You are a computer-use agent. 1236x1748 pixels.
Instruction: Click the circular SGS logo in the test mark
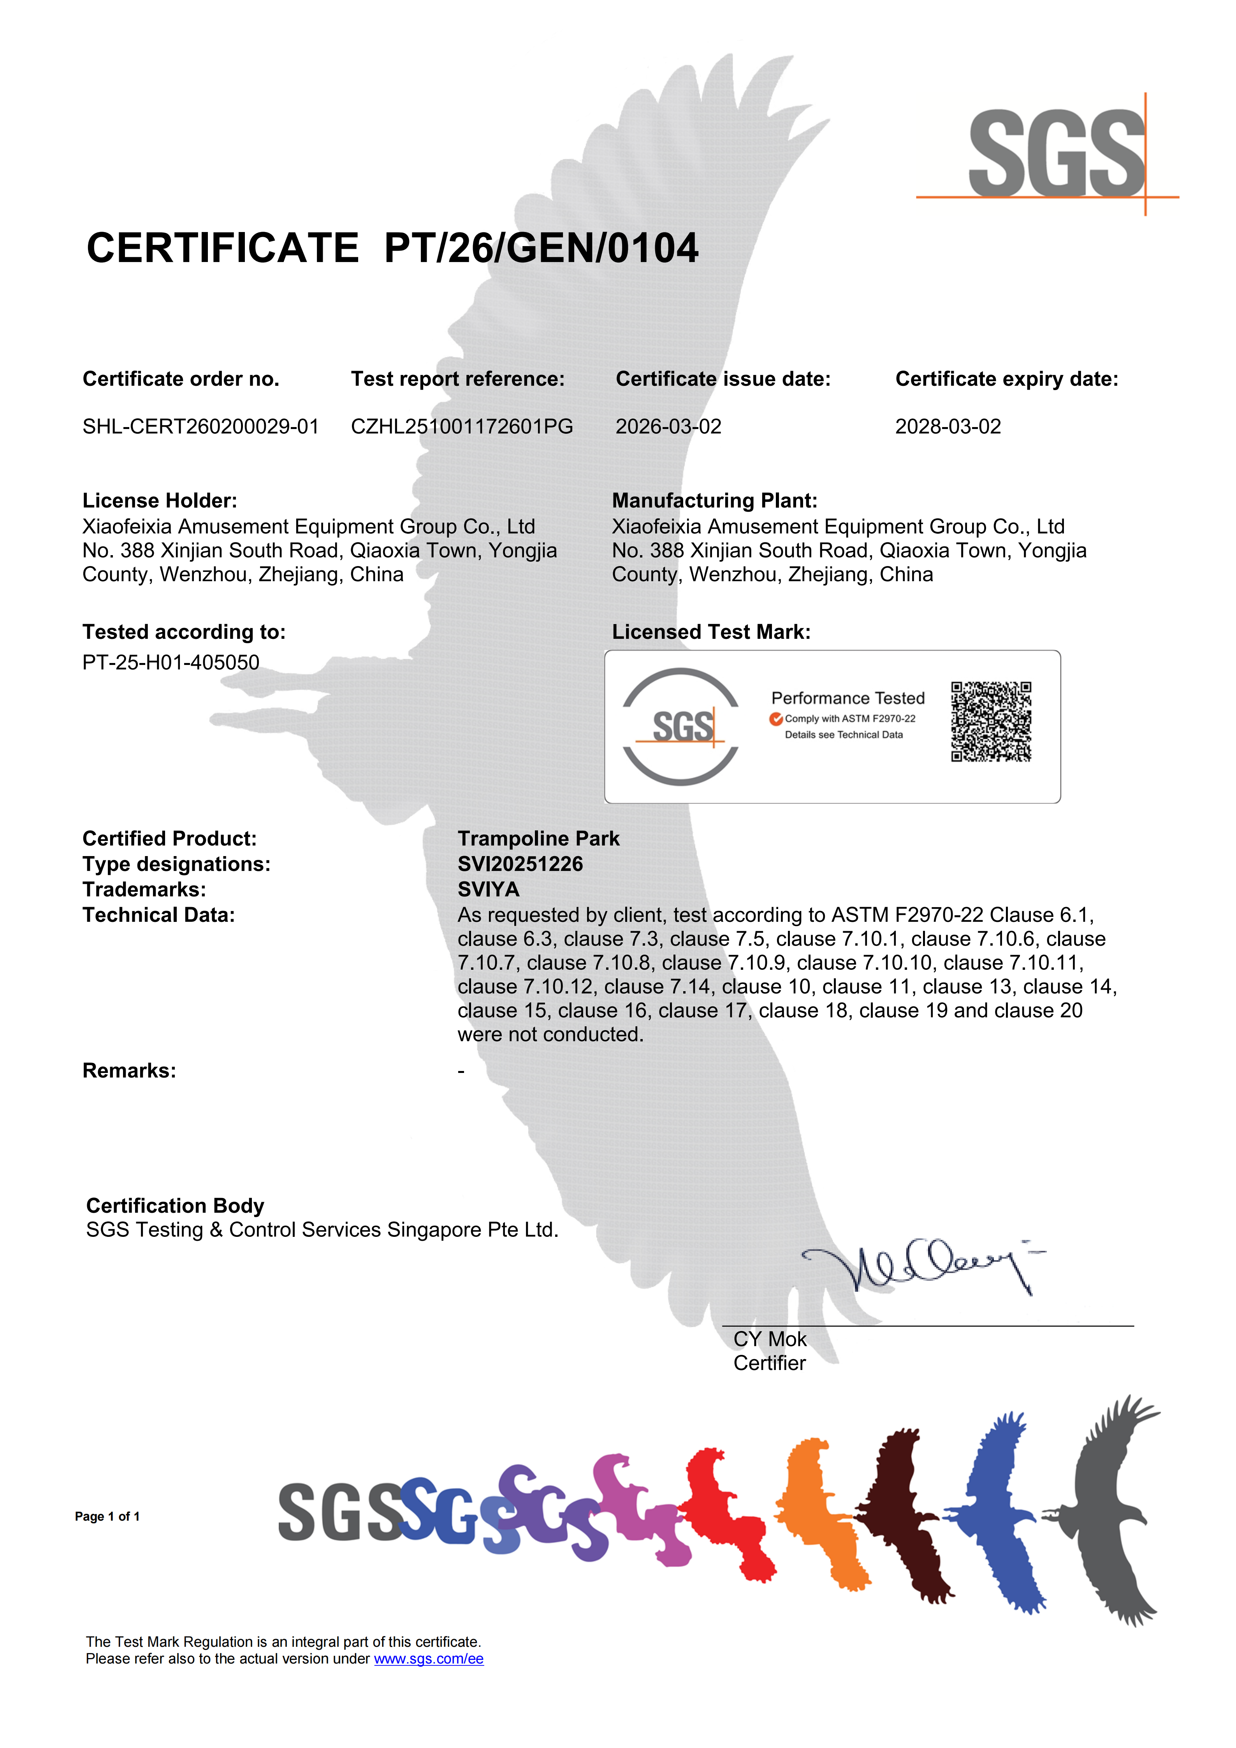680,726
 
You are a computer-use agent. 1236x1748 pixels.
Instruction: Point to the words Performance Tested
848,698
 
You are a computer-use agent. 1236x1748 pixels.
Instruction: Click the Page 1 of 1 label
107,1517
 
